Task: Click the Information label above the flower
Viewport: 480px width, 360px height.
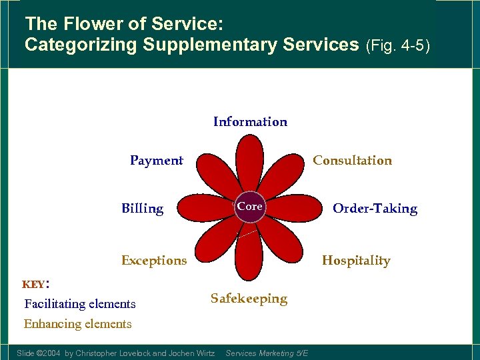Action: coord(250,122)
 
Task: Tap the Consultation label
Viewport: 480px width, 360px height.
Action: coord(352,161)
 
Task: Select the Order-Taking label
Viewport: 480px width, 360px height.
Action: coord(375,209)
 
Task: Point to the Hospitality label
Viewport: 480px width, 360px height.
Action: coord(356,261)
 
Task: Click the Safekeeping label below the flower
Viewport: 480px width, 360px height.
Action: coord(249,299)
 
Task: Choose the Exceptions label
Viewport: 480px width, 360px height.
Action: coord(154,261)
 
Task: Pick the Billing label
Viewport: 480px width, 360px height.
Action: coord(142,209)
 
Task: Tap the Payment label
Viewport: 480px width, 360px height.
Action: coord(156,161)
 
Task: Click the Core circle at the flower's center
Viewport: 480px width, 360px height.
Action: coord(250,207)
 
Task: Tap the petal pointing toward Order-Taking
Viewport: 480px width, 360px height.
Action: coord(297,207)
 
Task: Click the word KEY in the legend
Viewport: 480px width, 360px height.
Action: coord(33,285)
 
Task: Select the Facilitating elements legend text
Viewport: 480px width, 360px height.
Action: coord(80,304)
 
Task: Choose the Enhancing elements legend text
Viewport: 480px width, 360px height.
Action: coord(78,324)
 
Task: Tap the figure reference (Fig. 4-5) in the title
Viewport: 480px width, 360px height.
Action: coord(398,46)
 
